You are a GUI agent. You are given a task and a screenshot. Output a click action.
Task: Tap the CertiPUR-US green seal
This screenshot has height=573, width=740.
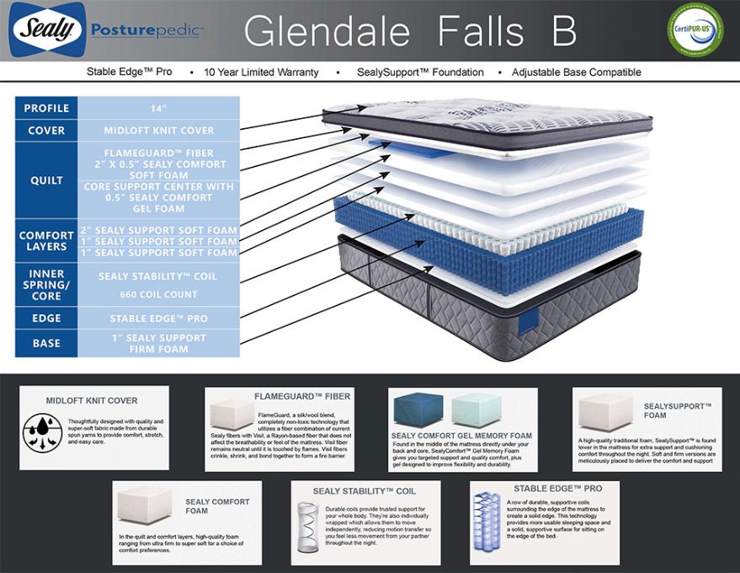coord(695,30)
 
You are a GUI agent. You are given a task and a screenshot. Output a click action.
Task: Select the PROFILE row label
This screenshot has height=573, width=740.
coord(47,108)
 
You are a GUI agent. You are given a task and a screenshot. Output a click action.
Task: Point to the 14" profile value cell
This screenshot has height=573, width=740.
coord(159,108)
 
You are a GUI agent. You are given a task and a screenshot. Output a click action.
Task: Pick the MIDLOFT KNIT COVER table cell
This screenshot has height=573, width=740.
coord(159,131)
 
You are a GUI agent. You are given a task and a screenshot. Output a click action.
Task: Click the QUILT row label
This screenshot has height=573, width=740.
coord(47,180)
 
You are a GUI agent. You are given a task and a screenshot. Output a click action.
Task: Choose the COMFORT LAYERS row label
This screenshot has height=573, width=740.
coord(47,241)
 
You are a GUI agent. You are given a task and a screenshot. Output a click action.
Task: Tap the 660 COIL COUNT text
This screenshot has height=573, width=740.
coord(159,294)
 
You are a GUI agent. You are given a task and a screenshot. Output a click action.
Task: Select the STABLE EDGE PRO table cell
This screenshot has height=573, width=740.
coord(159,319)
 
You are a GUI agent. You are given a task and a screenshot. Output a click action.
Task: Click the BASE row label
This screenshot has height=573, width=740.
coord(47,343)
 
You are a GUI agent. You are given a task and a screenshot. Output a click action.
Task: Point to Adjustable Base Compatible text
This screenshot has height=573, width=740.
coord(576,72)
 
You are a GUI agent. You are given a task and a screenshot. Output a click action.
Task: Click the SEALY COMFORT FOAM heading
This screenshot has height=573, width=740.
coord(217,506)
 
